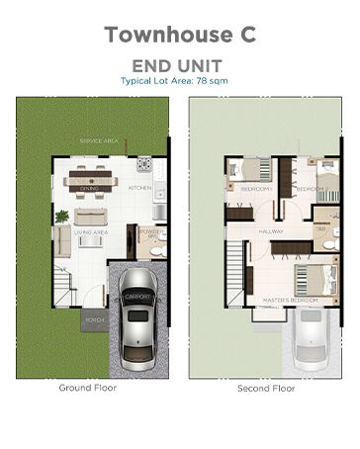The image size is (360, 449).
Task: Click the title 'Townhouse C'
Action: point(179,33)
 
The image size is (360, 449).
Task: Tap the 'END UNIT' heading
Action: point(179,64)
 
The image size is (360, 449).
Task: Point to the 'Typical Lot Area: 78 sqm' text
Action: point(179,80)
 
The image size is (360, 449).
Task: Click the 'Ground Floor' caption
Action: point(88,388)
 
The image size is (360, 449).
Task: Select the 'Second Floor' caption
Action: point(267,389)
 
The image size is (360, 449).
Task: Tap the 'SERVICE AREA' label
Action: point(99,142)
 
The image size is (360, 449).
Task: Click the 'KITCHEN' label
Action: point(139,188)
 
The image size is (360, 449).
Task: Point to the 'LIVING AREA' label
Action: point(92,232)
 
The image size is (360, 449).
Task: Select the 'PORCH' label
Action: point(95,320)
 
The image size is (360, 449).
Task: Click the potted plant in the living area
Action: point(61,215)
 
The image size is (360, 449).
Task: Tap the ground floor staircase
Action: point(63,287)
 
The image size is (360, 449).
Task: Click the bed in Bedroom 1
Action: point(255,170)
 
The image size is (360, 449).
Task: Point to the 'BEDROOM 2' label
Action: point(312,188)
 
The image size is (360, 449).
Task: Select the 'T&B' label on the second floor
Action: point(321,228)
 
